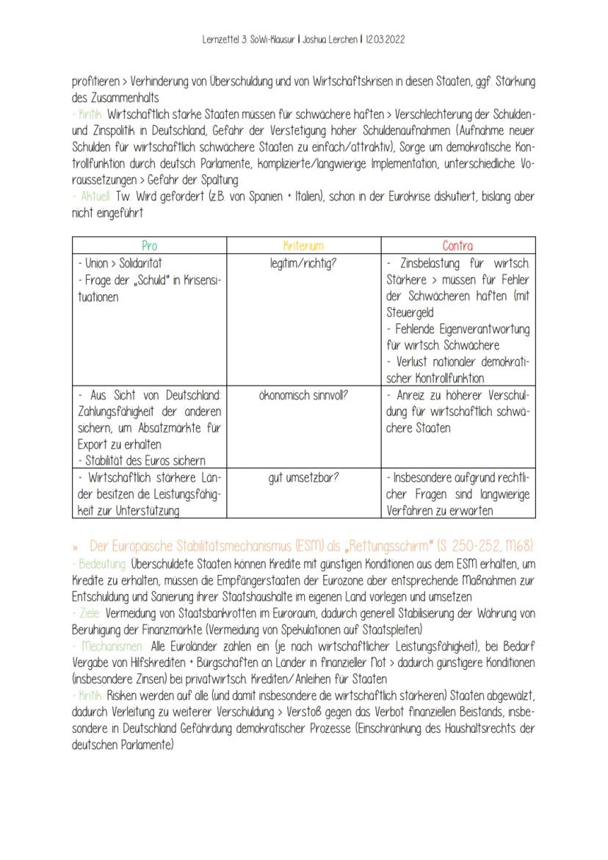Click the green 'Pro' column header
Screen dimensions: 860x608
(149, 246)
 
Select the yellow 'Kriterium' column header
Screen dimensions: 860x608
(303, 246)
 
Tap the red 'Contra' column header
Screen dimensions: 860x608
(457, 246)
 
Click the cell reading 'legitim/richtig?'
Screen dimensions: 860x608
(303, 262)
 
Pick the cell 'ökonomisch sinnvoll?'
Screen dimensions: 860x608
(303, 395)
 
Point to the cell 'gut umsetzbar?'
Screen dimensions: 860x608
(303, 477)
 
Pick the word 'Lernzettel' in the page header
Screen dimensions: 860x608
(222, 40)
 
